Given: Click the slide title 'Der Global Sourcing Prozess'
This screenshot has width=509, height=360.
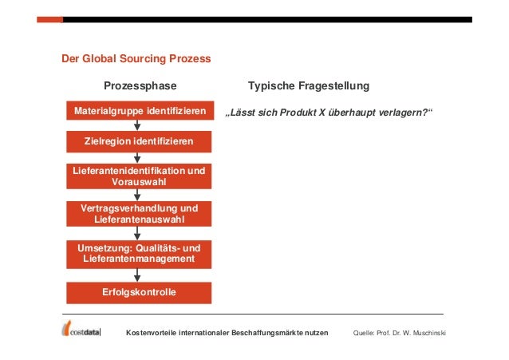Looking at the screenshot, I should (136, 59).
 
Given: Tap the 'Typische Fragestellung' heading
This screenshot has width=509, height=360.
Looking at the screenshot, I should (309, 86).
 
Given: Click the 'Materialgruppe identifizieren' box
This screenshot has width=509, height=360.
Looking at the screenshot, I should (139, 110).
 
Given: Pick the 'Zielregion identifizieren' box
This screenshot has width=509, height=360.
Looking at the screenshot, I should (139, 141).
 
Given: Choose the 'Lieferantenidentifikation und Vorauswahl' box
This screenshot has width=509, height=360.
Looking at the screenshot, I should (139, 177).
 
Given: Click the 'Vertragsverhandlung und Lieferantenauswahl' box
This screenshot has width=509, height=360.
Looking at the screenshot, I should (139, 213).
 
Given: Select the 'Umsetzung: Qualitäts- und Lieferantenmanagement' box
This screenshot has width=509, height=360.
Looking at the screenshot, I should (139, 253).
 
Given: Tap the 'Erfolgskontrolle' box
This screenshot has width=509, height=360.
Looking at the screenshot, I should (139, 292).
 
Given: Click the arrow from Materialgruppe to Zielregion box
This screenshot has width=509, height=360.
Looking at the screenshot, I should (139, 125).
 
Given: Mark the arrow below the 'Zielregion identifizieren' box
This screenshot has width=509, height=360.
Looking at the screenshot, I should (139, 158).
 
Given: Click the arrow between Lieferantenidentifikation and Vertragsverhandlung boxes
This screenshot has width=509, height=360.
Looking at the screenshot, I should (139, 195).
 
